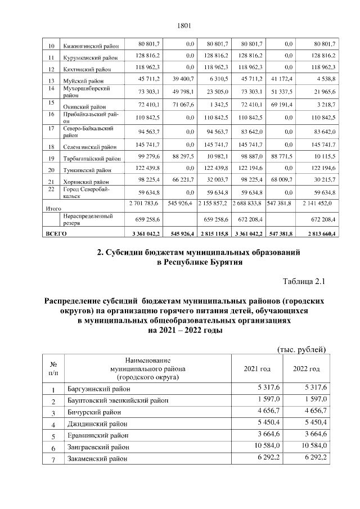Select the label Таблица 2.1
(304, 281)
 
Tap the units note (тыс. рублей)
(303, 350)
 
